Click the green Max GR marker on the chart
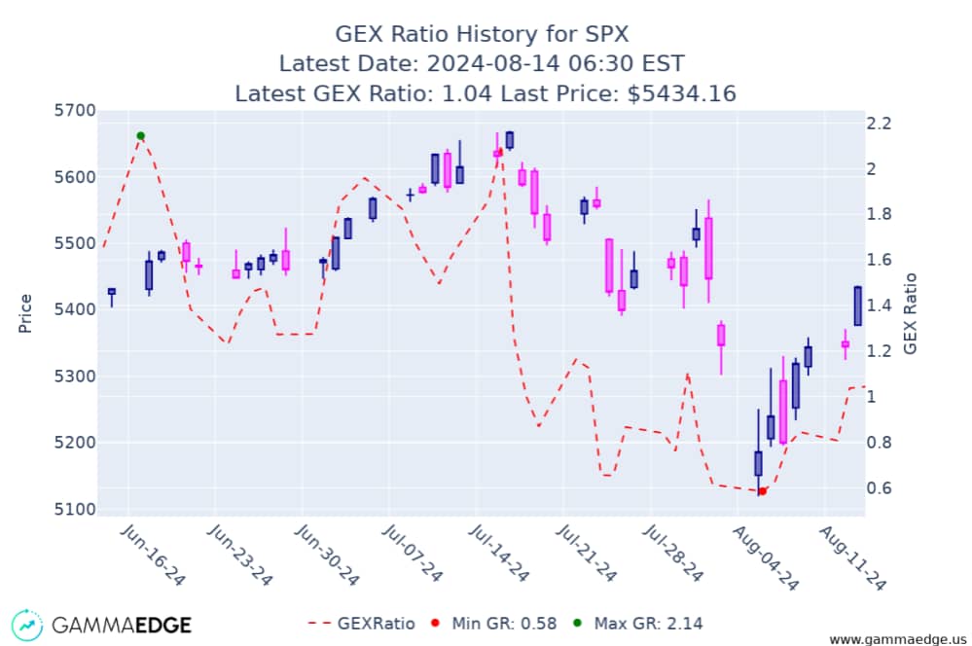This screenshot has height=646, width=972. click(x=141, y=136)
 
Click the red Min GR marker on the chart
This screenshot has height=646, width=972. click(x=763, y=491)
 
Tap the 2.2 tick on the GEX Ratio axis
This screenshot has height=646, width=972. click(x=879, y=124)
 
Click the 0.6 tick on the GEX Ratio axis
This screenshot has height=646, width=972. click(x=879, y=488)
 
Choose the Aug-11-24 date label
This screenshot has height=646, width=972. click(x=851, y=556)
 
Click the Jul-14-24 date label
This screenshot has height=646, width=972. click(x=498, y=556)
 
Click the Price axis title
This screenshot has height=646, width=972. click(x=26, y=313)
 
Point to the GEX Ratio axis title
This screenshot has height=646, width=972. click(x=911, y=313)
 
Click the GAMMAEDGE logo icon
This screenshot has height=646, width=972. click(x=26, y=624)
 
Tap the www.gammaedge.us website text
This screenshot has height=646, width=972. click(x=896, y=639)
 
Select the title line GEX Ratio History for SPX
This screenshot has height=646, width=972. click(x=483, y=34)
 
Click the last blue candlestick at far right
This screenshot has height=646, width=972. click(x=857, y=305)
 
